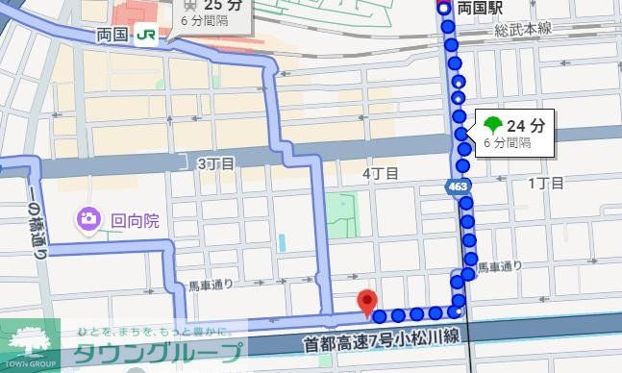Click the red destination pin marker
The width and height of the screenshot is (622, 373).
(x=366, y=301)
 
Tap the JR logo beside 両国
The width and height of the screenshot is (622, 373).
(x=147, y=34)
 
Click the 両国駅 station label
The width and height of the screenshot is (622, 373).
(x=480, y=8)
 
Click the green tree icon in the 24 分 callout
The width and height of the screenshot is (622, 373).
(x=492, y=124)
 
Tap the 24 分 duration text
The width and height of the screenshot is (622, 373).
(x=525, y=124)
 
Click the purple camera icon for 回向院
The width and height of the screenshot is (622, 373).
(x=87, y=220)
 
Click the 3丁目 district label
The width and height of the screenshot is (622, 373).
(x=215, y=163)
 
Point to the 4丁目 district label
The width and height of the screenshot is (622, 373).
(x=380, y=174)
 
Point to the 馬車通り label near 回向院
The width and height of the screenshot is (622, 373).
(x=211, y=285)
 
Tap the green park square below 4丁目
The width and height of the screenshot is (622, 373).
(x=340, y=211)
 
